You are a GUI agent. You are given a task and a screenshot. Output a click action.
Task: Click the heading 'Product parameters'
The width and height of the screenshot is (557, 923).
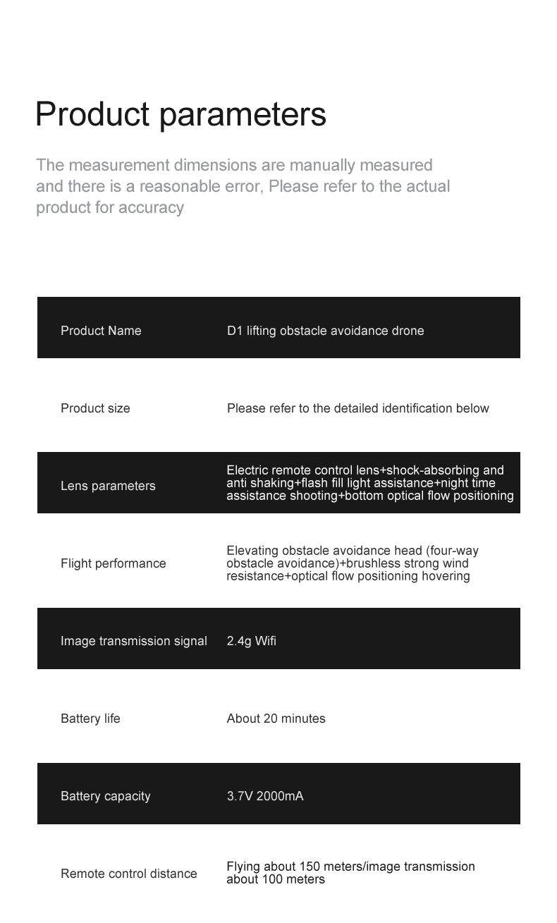[x=180, y=114]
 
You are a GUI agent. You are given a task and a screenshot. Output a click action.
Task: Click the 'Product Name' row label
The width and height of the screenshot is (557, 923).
[x=101, y=331]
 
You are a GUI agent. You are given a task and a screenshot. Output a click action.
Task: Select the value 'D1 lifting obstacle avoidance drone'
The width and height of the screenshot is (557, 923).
[x=325, y=331]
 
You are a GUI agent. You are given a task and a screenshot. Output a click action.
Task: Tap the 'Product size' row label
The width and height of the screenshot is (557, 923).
[x=95, y=408]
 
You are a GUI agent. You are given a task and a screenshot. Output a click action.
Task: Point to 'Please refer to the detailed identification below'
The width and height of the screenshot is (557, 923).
[x=357, y=408]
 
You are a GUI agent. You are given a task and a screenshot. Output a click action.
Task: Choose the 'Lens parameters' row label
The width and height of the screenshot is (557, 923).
[x=108, y=486]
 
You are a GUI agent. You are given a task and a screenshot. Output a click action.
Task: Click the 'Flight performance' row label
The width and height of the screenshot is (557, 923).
[x=113, y=563]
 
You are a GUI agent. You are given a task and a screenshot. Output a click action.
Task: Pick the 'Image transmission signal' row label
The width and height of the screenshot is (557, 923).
[x=133, y=641]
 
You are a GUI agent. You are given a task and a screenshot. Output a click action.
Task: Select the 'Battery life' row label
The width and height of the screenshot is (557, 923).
[x=90, y=719]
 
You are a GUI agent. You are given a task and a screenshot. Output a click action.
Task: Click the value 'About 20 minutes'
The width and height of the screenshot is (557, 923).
[x=276, y=719]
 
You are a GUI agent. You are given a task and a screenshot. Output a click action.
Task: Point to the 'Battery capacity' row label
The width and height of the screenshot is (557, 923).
[x=105, y=796]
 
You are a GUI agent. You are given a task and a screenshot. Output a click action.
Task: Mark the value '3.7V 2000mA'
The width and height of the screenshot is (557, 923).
[x=264, y=796]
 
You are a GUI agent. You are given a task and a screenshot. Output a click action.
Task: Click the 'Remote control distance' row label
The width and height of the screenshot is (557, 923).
[x=128, y=874]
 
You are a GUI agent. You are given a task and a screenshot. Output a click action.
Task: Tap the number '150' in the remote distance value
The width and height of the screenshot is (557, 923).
[x=310, y=867]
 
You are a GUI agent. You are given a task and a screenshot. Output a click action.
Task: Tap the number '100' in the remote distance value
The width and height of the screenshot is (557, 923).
[x=272, y=879]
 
